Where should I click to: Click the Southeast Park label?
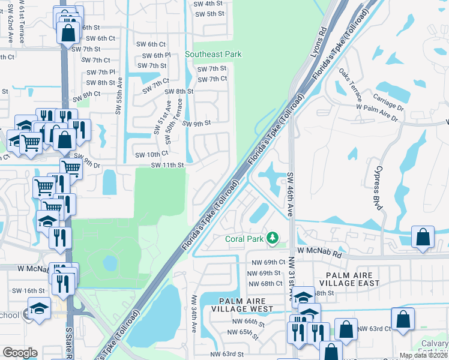pyautogui.click(x=213, y=54)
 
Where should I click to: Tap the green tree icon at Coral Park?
pyautogui.click(x=273, y=239)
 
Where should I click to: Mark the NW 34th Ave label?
pyautogui.click(x=194, y=314)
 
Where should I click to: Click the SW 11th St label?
pyautogui.click(x=166, y=165)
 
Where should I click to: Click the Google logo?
pyautogui.click(x=20, y=353)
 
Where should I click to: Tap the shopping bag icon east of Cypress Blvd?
pyautogui.click(x=423, y=237)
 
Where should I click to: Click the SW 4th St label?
pyautogui.click(x=209, y=3)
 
